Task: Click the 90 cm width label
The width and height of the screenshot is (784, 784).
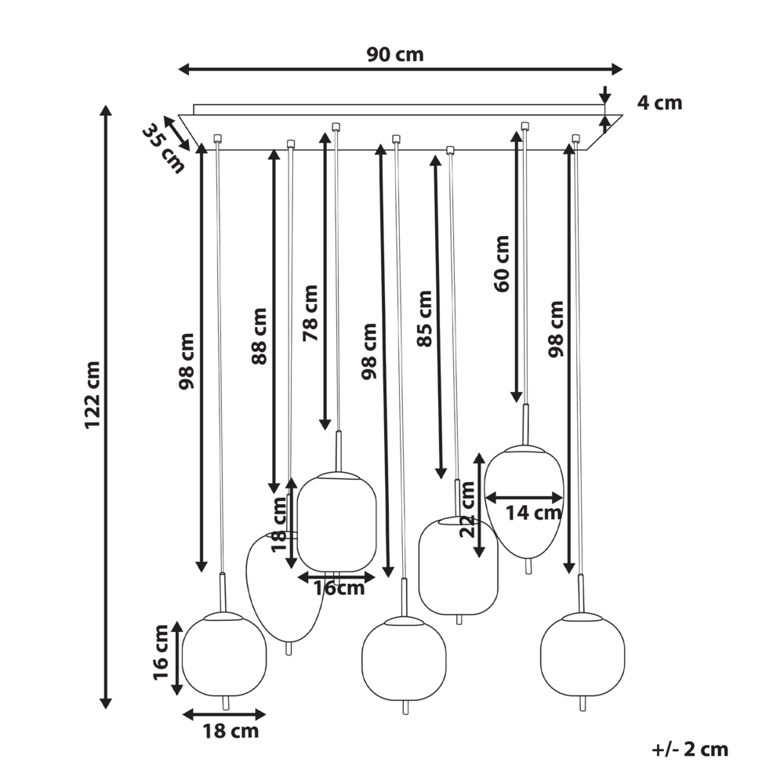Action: click(x=395, y=54)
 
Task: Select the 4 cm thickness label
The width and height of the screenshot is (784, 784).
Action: click(x=659, y=103)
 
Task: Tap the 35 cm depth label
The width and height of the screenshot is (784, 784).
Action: click(x=162, y=148)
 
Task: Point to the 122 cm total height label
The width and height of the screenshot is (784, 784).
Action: click(x=93, y=395)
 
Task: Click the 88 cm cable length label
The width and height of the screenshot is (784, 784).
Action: click(x=260, y=336)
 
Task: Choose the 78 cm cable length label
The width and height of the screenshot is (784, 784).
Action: click(x=310, y=313)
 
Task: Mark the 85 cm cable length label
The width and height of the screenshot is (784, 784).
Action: click(x=424, y=318)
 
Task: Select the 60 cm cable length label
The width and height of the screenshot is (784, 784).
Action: click(x=502, y=263)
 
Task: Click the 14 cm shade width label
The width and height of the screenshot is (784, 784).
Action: click(x=533, y=514)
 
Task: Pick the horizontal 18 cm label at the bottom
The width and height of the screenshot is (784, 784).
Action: click(x=230, y=731)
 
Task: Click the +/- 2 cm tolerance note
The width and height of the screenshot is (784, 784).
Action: click(x=690, y=750)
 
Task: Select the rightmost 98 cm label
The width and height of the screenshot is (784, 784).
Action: click(x=557, y=329)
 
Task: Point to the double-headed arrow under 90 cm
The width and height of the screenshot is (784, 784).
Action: click(x=400, y=70)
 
